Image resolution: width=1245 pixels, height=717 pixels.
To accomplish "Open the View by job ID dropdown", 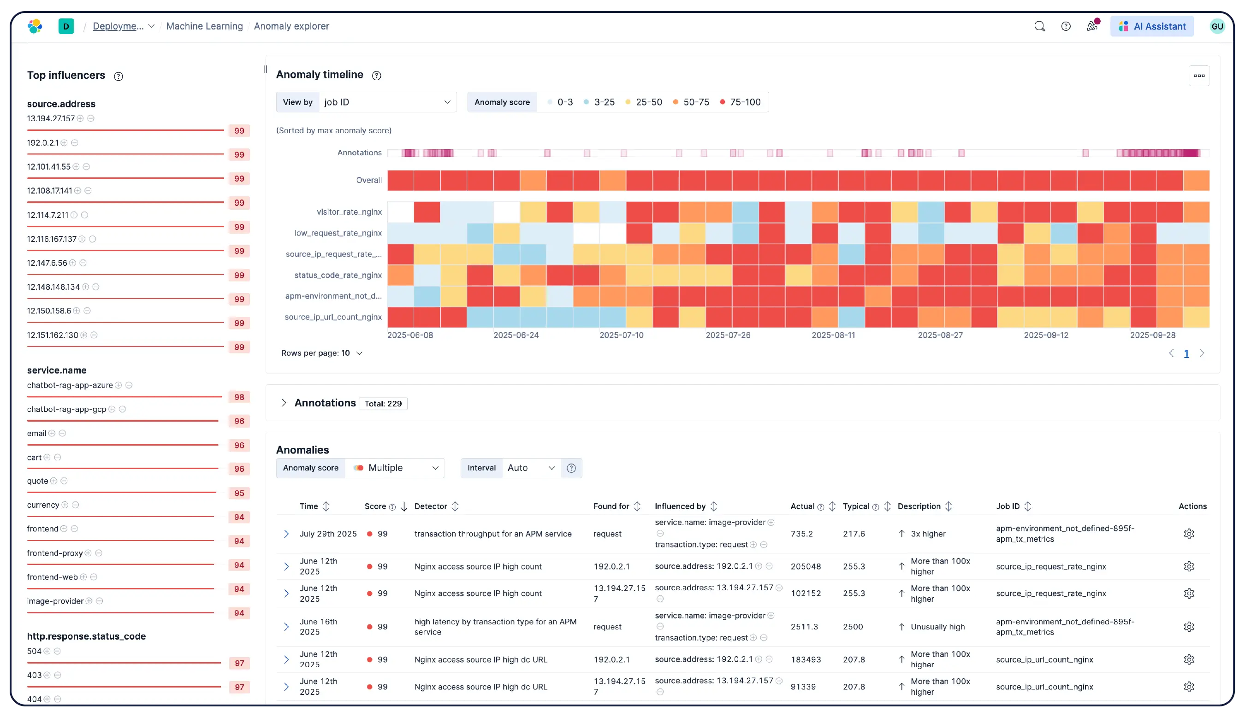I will tap(387, 102).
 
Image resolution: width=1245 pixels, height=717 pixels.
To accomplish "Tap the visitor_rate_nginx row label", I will tap(349, 212).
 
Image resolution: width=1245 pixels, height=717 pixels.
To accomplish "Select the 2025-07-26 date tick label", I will tap(728, 335).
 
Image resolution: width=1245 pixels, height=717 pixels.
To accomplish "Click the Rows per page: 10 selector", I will tap(321, 353).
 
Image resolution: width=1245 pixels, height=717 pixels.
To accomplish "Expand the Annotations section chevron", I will tap(284, 403).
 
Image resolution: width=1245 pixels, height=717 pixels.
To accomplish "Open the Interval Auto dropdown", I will tap(531, 468).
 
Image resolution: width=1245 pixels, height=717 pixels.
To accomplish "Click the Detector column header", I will tap(431, 506).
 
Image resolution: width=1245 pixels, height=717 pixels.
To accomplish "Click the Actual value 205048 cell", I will tap(806, 566).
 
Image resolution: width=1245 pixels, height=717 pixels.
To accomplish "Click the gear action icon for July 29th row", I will tap(1188, 534).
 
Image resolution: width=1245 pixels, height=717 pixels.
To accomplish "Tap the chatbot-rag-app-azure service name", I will tap(70, 385).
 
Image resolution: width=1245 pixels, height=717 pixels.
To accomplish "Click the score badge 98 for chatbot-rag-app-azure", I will tap(239, 397).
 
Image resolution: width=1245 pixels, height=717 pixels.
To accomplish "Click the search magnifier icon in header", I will tap(1039, 26).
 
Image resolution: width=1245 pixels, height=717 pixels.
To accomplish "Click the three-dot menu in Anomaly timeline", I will tap(1199, 76).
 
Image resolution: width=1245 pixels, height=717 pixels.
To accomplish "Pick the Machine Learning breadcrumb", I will tap(204, 26).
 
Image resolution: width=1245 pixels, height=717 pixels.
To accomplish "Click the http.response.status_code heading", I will tap(86, 636).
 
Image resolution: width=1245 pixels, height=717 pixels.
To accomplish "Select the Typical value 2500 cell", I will tap(853, 627).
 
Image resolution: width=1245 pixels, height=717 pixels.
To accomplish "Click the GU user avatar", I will tap(1216, 26).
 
